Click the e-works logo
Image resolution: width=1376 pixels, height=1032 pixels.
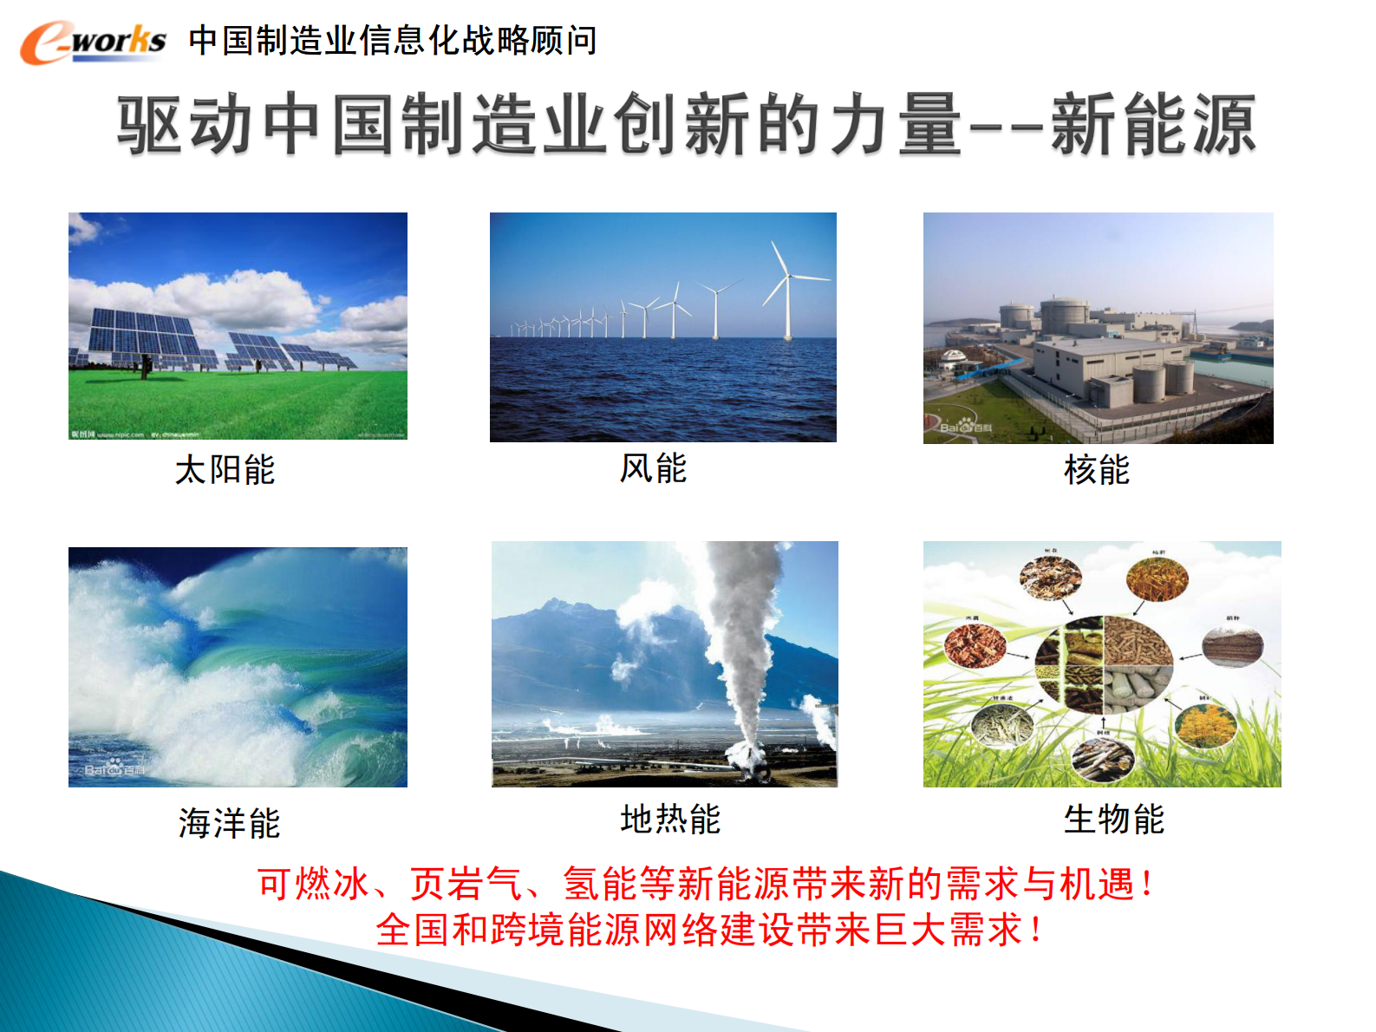[93, 42]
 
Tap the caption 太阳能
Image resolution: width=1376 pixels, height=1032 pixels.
[225, 470]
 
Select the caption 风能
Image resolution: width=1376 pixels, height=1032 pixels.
[653, 468]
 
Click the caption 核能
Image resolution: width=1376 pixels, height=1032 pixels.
[1097, 470]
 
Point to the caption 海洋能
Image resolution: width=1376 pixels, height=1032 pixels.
[229, 823]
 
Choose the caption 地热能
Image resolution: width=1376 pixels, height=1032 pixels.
[670, 819]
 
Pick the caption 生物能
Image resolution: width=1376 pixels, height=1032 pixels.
[1113, 819]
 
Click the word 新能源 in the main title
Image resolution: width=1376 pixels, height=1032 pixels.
[1153, 126]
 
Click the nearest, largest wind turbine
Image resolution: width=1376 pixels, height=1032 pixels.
[787, 291]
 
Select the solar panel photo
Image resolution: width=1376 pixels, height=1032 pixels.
[238, 326]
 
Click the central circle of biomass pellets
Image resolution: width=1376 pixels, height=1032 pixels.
[1103, 664]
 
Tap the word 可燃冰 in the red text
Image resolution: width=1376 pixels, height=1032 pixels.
[314, 885]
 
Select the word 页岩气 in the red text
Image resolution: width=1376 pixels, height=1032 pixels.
[466, 885]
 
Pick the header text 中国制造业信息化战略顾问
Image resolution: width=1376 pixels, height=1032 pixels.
[392, 41]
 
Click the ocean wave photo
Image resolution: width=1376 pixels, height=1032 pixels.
[238, 667]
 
